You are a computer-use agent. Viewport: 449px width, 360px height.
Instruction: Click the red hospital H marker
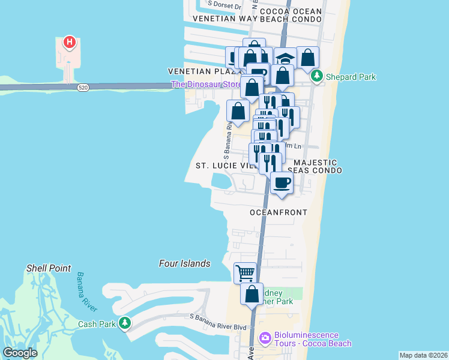coord(70,42)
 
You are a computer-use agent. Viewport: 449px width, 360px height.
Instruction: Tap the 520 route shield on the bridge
coord(83,88)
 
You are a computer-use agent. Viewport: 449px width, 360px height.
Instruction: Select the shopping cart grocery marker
coord(245,273)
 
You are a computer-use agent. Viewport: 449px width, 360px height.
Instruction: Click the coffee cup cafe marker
coord(281,182)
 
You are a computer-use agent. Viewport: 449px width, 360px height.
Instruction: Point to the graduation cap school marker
coord(286,59)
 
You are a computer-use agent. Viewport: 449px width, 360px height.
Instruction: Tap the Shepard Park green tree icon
coord(316,77)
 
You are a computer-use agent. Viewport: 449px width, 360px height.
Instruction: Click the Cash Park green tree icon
coord(124,324)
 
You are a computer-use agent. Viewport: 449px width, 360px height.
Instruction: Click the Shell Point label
coord(49,268)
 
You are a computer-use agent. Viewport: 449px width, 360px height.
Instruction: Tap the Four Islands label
coord(185,263)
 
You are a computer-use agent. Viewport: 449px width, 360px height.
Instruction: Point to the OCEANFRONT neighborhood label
coord(279,212)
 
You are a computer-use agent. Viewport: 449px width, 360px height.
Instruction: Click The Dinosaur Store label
coord(206,85)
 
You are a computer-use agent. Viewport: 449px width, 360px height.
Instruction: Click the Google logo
coord(20,353)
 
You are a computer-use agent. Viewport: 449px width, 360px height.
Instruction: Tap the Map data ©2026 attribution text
coord(423,355)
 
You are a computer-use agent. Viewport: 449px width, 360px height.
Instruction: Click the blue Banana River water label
coord(87,292)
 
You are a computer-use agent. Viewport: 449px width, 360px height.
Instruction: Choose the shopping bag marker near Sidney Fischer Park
coord(252,295)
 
